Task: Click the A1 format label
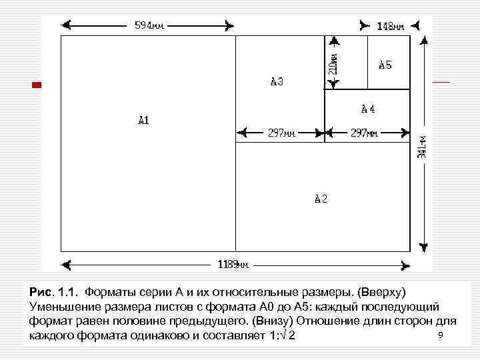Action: pos(143,121)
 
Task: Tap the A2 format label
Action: pos(321,199)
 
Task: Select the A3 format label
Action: pos(277,82)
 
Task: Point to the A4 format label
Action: pos(368,108)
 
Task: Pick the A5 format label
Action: pos(385,65)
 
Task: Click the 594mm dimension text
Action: pos(149,26)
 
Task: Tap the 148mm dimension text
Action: pos(390,27)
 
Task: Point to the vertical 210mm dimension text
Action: pos(333,63)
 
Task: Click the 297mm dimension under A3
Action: pos(281,133)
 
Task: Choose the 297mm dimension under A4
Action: pos(364,133)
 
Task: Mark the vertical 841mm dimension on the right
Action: pos(422,153)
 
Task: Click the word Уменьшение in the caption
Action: pos(64,307)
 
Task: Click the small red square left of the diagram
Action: pos(37,85)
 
